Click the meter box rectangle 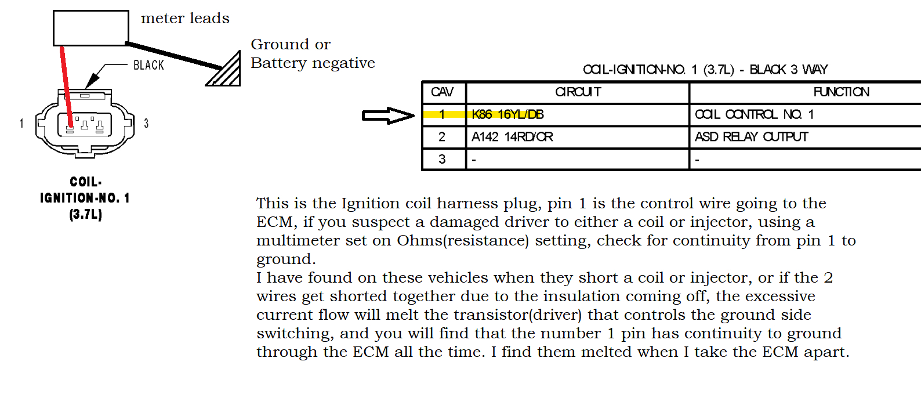[90, 28]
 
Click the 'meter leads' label [185, 19]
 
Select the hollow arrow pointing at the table [387, 115]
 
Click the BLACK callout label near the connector [148, 65]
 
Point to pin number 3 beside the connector [146, 123]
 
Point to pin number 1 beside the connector [21, 123]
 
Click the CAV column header [442, 92]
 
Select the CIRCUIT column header [578, 92]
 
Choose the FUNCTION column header [841, 92]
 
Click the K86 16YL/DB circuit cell [507, 114]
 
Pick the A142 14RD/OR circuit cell [512, 137]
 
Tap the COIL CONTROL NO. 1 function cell [754, 114]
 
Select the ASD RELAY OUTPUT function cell [751, 137]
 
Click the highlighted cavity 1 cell [442, 114]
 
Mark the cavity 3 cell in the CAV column [442, 159]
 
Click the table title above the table [705, 70]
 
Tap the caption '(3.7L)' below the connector [86, 215]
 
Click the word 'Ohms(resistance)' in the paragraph [463, 240]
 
